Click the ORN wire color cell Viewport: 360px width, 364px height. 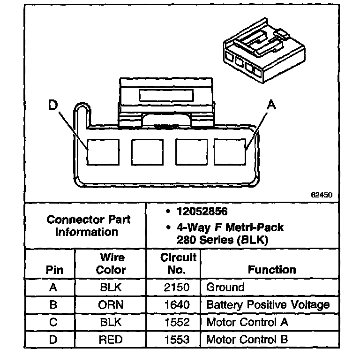point(111,305)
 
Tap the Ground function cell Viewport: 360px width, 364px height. point(225,288)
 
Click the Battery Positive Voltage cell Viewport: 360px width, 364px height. point(268,305)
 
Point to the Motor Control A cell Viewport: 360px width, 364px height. point(247,322)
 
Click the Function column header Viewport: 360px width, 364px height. point(271,270)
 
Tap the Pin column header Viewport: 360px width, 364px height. point(54,270)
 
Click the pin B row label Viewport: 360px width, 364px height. point(53,305)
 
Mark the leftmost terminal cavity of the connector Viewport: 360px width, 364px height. point(104,152)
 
